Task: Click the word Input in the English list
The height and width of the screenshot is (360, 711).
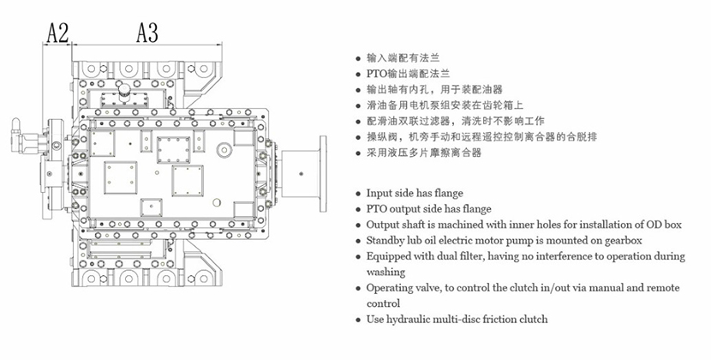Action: pos(382,194)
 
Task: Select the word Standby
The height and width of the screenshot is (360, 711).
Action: pos(387,240)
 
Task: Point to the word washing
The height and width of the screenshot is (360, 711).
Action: pos(385,272)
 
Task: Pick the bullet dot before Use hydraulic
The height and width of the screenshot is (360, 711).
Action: pos(357,320)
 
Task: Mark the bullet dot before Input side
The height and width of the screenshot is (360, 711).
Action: pos(357,195)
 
